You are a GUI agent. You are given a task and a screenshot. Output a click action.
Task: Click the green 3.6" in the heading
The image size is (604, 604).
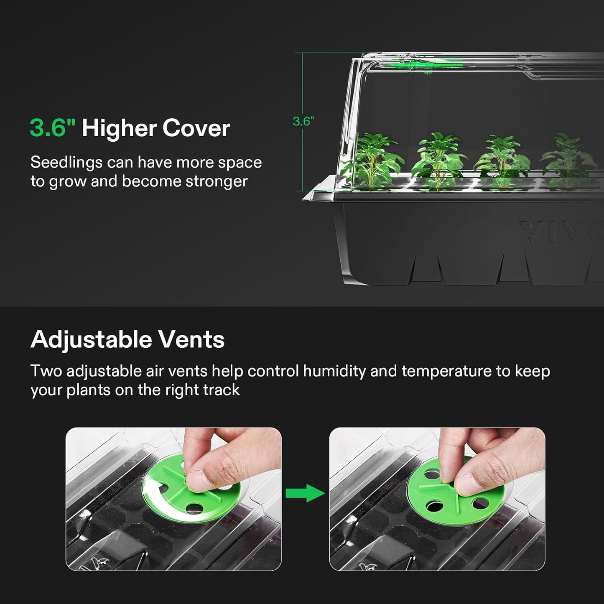pyautogui.click(x=52, y=128)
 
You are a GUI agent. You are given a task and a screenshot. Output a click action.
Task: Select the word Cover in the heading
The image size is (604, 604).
pyautogui.click(x=196, y=128)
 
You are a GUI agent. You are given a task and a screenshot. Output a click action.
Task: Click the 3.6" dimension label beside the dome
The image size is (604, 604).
pyautogui.click(x=303, y=122)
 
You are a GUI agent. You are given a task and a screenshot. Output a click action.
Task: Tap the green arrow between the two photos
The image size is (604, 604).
pyautogui.click(x=305, y=493)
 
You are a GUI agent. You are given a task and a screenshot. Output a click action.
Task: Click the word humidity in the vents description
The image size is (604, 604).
pyautogui.click(x=334, y=371)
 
